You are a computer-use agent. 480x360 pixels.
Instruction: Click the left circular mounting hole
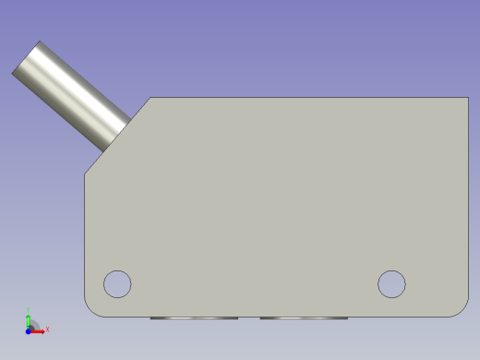coord(117,283)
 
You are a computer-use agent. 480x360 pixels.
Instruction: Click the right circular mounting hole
coord(391,283)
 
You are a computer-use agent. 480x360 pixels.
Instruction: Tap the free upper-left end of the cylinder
coord(27,58)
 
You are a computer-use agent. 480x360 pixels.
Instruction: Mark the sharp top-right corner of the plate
coord(468,98)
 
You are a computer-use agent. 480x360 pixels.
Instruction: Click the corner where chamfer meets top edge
coord(150,98)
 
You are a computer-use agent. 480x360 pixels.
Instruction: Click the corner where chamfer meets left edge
coord(85,174)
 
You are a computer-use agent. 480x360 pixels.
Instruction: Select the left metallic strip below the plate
coord(194,318)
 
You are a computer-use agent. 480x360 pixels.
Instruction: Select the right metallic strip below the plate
coord(304,318)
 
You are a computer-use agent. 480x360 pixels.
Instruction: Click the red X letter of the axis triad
coord(47,329)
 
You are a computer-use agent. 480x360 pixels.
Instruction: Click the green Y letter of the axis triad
coord(29,311)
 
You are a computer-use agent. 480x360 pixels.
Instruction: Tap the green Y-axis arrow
coord(29,320)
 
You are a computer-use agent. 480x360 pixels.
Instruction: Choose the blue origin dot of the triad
coord(28,330)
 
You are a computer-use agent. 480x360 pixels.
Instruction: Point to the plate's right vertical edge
coord(468,203)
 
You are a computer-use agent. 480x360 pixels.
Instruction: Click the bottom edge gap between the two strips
coord(249,317)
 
